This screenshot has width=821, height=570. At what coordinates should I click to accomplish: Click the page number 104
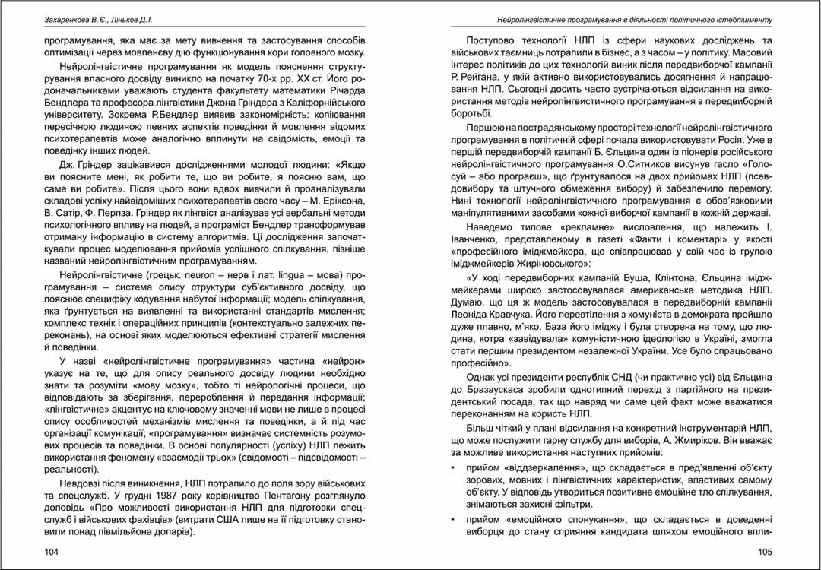52,551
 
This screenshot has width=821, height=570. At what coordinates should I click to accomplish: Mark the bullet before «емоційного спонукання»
454,520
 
